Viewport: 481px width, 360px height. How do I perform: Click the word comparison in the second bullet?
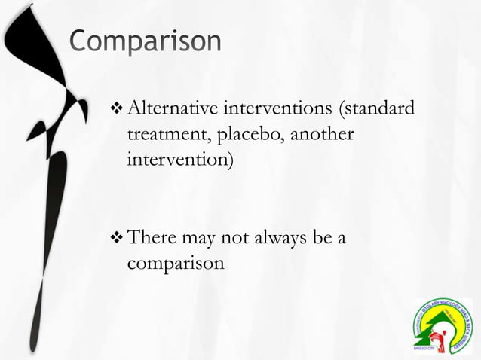(175, 264)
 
